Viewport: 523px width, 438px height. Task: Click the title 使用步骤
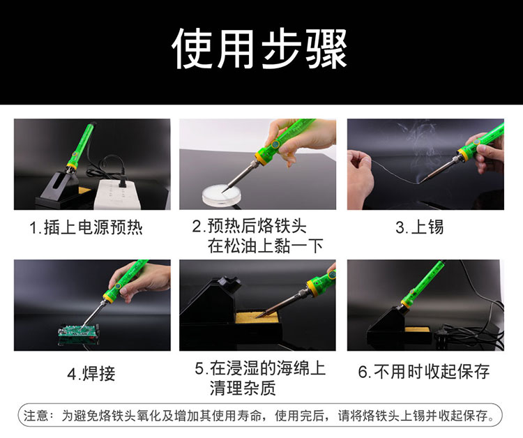[x=260, y=48]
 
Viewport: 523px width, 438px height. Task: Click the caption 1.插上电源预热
[x=86, y=228]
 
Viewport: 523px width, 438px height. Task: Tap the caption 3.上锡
[x=420, y=227]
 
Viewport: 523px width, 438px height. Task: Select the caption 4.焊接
[x=91, y=374]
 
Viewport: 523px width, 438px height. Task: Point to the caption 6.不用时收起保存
[x=424, y=372]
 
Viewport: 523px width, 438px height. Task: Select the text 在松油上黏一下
[x=265, y=246]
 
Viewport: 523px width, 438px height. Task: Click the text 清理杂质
[x=243, y=388]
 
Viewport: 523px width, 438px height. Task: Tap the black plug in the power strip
[x=121, y=179]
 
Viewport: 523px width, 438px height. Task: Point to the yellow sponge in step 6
[x=418, y=331]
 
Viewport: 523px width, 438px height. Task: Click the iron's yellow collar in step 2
[x=261, y=158]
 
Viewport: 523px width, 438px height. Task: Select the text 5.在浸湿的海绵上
[x=260, y=369]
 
